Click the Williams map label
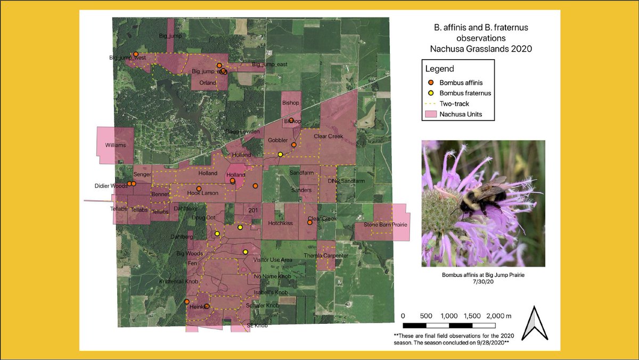click(x=116, y=145)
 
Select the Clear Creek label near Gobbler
click(x=329, y=136)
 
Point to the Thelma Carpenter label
click(x=326, y=256)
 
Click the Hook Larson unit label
click(x=203, y=193)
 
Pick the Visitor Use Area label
click(x=272, y=260)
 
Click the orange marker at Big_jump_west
click(x=136, y=54)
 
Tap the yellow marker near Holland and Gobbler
click(x=280, y=154)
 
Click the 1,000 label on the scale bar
click(x=449, y=316)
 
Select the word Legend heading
click(x=439, y=69)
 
